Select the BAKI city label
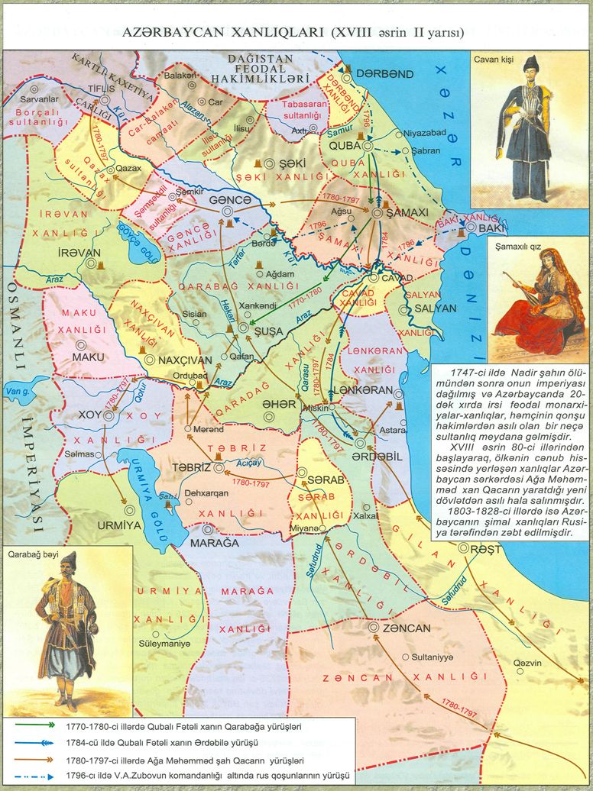click(493, 228)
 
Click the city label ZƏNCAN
click(407, 628)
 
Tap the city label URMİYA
click(120, 525)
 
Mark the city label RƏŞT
click(486, 549)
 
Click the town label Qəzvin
click(527, 663)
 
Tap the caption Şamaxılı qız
click(517, 244)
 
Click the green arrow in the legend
click(34, 726)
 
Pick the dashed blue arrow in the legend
click(34, 776)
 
